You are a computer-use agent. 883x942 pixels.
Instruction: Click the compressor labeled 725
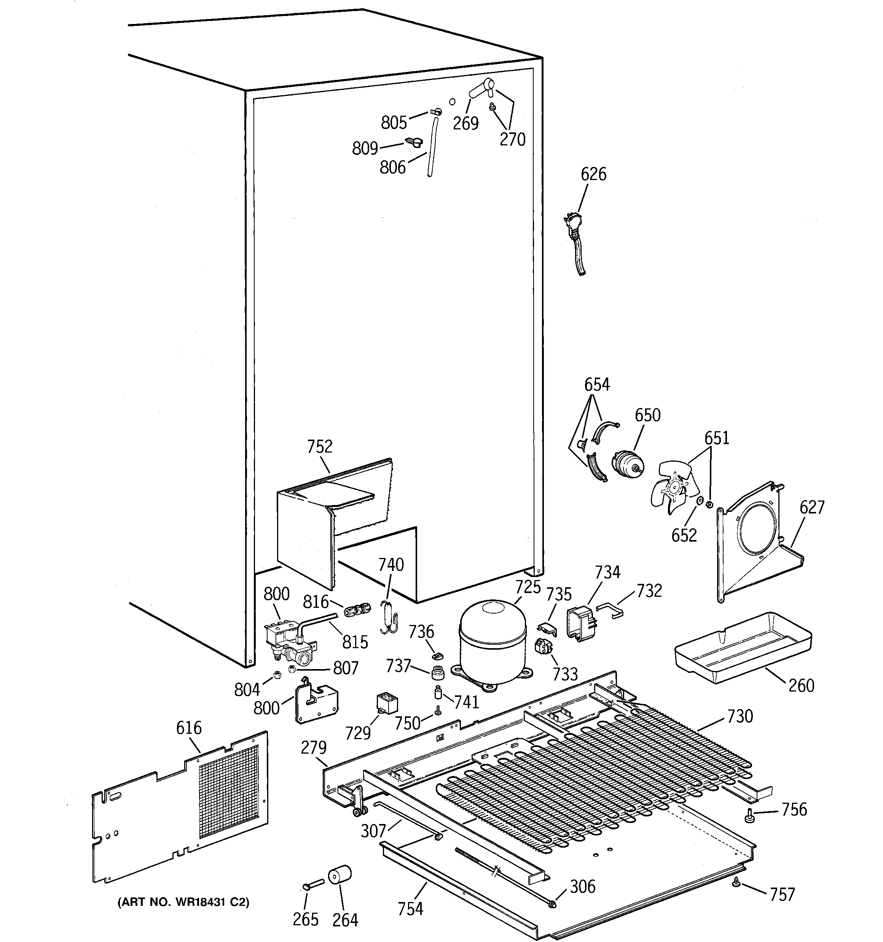493,642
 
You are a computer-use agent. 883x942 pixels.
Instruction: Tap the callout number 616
189,728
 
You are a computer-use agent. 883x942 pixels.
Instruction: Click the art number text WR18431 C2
182,902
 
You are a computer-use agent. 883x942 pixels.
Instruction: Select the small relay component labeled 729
387,704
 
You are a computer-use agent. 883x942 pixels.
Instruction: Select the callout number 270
512,139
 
